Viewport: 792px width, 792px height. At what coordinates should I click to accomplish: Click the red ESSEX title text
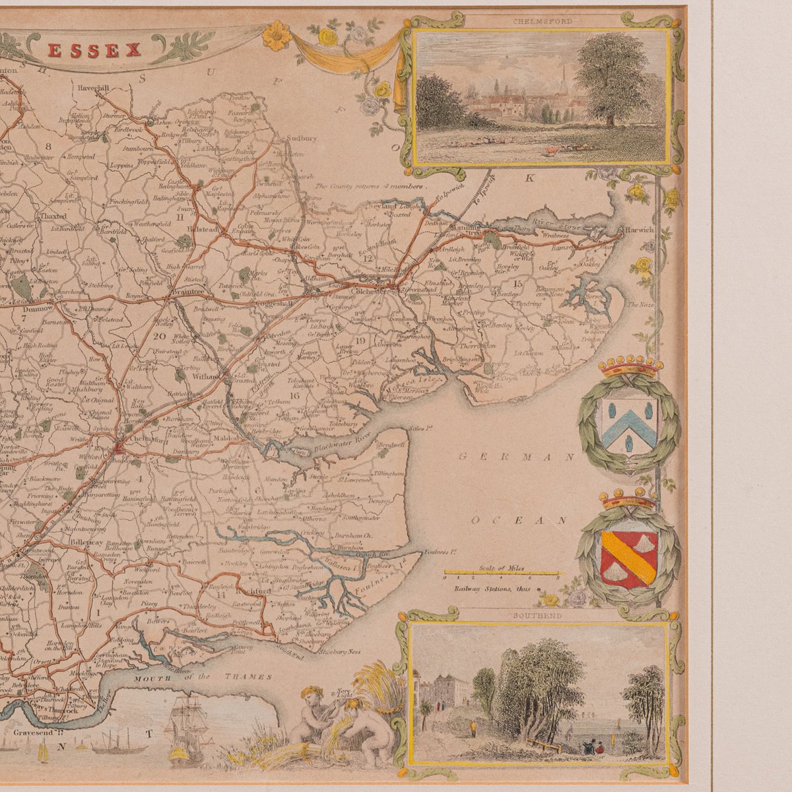(x=94, y=50)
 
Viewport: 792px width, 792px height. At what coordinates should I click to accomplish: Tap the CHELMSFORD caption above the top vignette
(x=542, y=21)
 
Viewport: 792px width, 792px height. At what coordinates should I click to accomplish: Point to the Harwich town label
(x=640, y=230)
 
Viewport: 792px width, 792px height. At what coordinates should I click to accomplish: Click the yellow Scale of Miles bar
(x=502, y=573)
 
